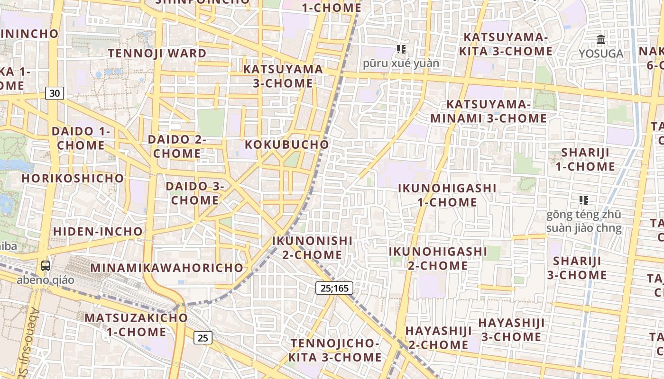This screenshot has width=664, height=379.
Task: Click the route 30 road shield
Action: tap(55, 93)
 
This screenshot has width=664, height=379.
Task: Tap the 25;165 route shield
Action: tap(334, 288)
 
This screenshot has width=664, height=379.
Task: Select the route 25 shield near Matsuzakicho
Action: tap(203, 338)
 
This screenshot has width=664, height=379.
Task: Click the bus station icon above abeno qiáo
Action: tap(46, 266)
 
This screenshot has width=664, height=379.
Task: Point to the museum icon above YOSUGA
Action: tap(601, 40)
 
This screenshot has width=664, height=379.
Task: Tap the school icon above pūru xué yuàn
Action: tap(401, 49)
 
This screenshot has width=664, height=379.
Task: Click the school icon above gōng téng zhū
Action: tap(583, 200)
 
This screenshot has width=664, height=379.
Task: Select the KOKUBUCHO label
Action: tap(287, 144)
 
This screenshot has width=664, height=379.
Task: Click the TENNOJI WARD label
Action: tap(157, 53)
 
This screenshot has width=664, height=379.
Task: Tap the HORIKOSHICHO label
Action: tap(73, 179)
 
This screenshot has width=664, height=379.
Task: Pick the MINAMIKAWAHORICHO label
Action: tap(166, 268)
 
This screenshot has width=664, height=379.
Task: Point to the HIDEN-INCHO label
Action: tap(98, 232)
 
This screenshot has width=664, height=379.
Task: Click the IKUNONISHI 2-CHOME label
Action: tap(312, 248)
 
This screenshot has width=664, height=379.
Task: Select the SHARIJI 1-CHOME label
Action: tap(585, 160)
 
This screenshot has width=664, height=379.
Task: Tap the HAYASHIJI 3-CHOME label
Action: tap(511, 330)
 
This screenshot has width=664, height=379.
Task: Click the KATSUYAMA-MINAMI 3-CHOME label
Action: tap(489, 111)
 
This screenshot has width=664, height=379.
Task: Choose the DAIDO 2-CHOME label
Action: tap(177, 146)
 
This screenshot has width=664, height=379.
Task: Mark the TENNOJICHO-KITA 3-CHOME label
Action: tap(336, 350)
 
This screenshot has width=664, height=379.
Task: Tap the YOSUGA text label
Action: tap(601, 54)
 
